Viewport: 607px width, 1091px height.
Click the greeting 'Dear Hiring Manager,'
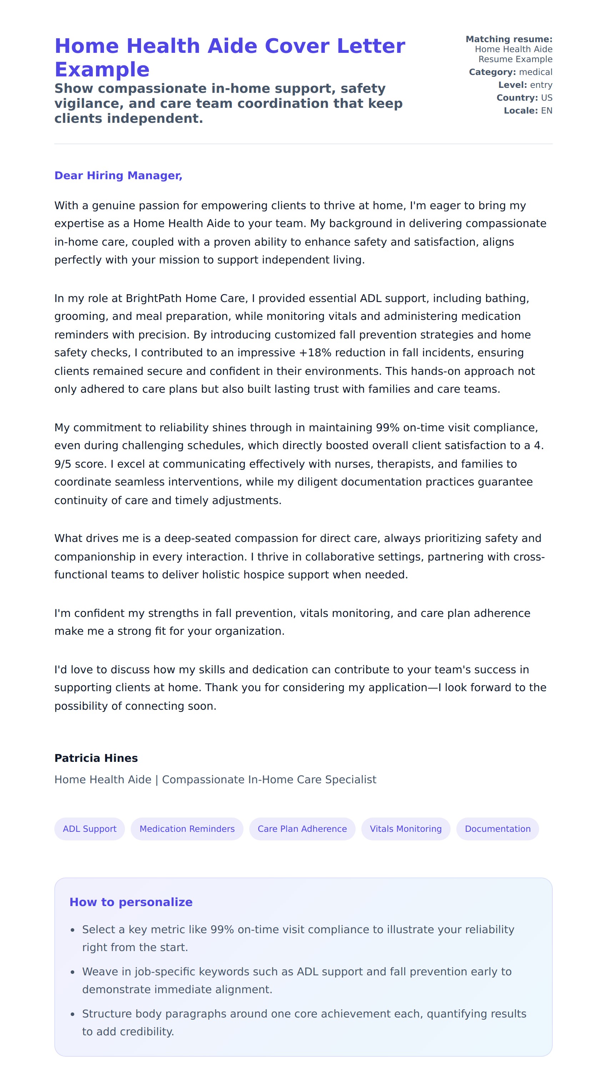(118, 175)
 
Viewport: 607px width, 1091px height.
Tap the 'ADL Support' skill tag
(89, 829)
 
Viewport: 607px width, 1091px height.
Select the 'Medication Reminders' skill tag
(187, 829)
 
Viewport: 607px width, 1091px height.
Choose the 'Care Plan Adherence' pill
(302, 829)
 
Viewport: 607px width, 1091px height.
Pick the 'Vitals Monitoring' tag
(405, 829)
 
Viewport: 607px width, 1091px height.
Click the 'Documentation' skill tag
(497, 829)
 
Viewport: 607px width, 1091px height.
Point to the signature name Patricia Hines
(96, 758)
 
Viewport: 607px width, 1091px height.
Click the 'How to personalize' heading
(131, 902)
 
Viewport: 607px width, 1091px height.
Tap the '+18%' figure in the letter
(314, 353)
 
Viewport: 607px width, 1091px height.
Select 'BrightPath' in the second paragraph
(154, 298)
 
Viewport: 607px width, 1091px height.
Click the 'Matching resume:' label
(509, 39)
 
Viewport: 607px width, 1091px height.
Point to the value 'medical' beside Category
(536, 72)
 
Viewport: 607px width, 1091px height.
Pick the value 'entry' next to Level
(541, 85)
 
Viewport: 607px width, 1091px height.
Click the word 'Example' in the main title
(102, 70)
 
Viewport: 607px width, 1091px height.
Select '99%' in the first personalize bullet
(222, 930)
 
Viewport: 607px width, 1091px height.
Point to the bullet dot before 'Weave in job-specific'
(72, 972)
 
